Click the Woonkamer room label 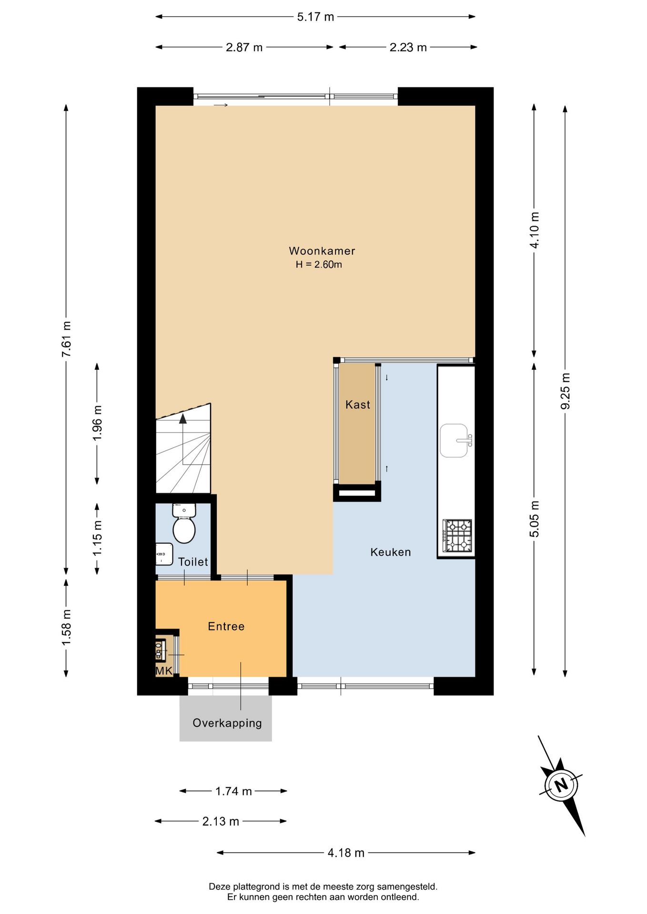[x=322, y=251]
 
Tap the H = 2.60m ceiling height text [x=319, y=265]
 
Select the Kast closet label [x=357, y=405]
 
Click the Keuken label [x=390, y=552]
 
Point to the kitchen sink [x=454, y=440]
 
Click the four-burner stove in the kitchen [x=457, y=536]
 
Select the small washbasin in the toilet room [x=163, y=554]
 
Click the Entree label [x=226, y=626]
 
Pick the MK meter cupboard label [x=164, y=671]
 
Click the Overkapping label [x=227, y=723]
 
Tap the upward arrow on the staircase [x=183, y=419]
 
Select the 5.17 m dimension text [x=315, y=17]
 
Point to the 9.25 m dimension [x=565, y=390]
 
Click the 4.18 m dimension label [x=346, y=853]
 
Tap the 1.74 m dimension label [x=233, y=791]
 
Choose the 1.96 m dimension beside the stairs [x=97, y=423]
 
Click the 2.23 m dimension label [x=408, y=48]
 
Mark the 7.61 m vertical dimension [x=66, y=339]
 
